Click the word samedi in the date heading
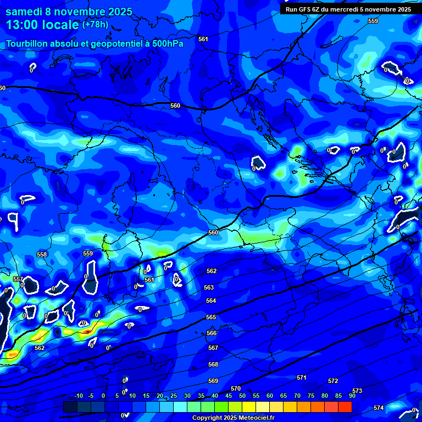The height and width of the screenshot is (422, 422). (x=26, y=12)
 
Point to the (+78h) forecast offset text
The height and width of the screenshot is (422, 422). (x=95, y=25)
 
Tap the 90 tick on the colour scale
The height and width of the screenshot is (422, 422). (x=352, y=396)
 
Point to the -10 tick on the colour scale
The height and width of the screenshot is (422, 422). (x=78, y=396)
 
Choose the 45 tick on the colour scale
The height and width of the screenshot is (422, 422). (x=228, y=396)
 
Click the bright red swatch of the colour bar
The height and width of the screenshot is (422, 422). (x=345, y=407)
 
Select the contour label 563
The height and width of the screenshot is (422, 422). (x=209, y=287)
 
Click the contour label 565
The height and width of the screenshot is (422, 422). (x=211, y=318)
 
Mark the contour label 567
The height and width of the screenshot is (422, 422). (x=213, y=348)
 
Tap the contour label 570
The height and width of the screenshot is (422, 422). (x=236, y=388)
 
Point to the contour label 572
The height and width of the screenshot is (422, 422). (x=333, y=381)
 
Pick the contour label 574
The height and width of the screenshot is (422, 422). (x=379, y=408)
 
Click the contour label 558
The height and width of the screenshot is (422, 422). (x=42, y=254)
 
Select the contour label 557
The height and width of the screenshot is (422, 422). (x=18, y=280)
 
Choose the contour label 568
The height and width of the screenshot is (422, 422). (x=213, y=364)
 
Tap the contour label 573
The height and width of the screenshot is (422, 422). (x=357, y=391)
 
